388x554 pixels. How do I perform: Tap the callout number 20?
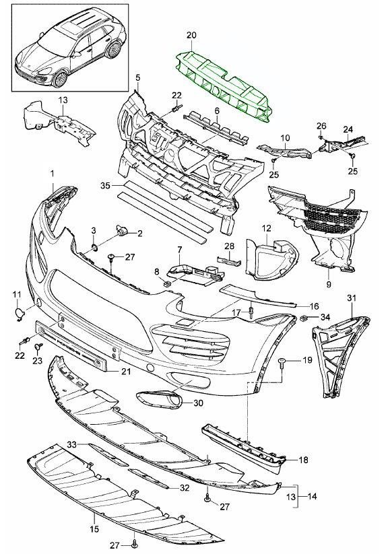point(191,34)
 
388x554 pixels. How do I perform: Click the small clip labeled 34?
point(304,317)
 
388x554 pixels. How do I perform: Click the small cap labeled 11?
point(19,312)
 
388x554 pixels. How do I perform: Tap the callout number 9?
point(328,284)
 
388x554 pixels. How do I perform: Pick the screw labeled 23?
point(39,347)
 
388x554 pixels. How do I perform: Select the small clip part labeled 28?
point(227,260)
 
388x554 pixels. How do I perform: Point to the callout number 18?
point(304,460)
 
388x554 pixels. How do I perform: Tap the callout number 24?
point(348,129)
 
